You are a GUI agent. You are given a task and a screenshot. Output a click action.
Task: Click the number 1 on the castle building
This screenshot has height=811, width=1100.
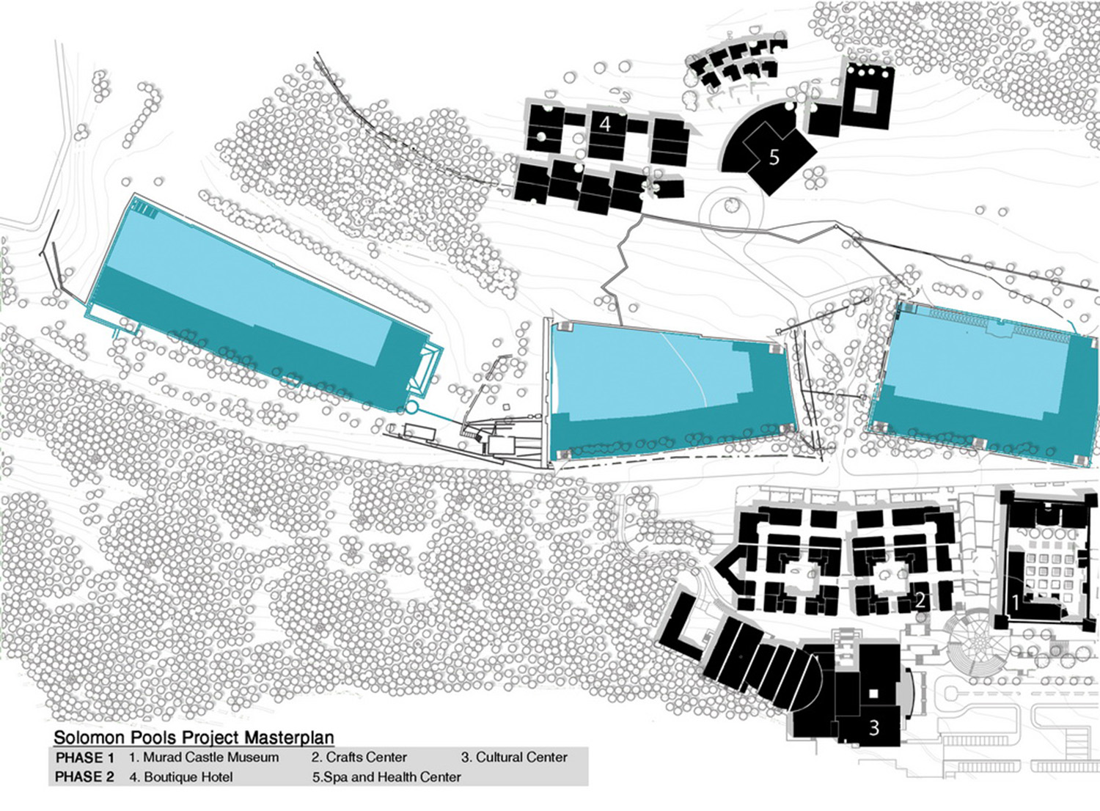1015,602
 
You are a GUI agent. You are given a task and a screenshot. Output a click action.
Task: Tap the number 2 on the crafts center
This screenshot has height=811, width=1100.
920,601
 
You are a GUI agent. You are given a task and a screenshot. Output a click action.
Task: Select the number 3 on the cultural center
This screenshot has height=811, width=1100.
873,727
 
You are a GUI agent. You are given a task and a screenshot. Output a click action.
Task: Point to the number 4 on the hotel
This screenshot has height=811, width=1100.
605,123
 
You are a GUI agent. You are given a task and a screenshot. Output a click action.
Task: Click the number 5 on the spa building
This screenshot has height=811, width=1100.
774,156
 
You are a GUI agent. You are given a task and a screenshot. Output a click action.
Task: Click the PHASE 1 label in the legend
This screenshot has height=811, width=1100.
85,757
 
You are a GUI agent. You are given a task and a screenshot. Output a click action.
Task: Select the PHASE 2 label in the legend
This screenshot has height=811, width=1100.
85,777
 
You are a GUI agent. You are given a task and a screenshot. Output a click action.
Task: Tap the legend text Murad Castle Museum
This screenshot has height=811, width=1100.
210,757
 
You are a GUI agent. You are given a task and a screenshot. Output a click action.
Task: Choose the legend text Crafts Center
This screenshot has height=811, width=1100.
366,757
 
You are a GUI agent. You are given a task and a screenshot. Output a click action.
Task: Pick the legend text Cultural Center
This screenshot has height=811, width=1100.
521,757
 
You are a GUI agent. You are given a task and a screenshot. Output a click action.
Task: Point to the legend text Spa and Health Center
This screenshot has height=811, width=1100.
392,777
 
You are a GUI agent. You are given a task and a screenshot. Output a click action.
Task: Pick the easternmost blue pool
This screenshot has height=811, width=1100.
983,381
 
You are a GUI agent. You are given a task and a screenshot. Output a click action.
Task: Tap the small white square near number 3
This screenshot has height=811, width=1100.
873,693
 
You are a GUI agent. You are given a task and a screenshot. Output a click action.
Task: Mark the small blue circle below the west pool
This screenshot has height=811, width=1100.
411,406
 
